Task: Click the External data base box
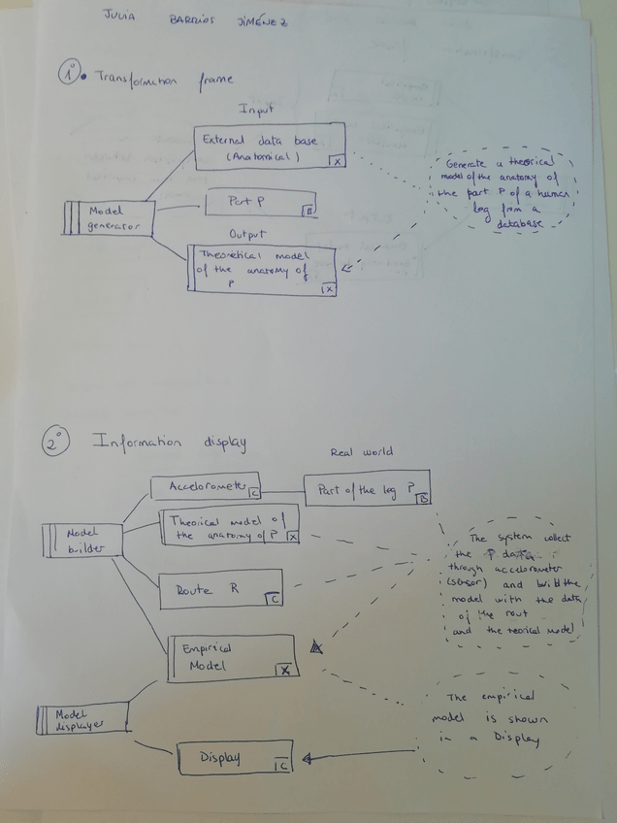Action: [x=270, y=147]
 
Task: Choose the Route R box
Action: [x=221, y=590]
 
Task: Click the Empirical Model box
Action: [x=231, y=658]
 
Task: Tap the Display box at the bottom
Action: [x=234, y=758]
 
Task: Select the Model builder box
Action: [x=83, y=541]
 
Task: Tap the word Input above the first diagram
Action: [x=255, y=111]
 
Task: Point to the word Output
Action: [x=246, y=234]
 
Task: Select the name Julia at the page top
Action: [x=119, y=16]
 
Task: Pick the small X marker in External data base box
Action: [x=336, y=161]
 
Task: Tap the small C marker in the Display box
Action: [x=280, y=767]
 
